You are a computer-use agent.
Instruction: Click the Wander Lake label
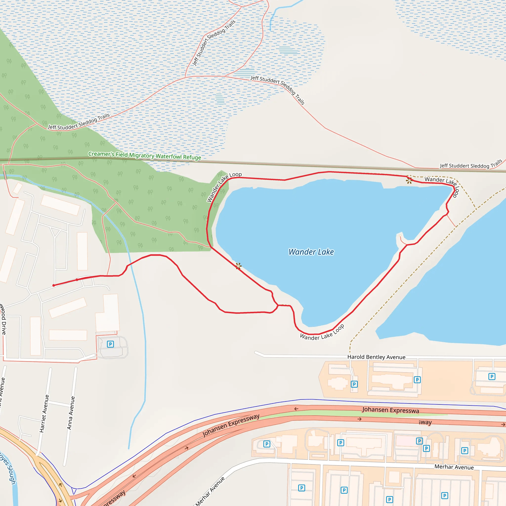[x=311, y=252]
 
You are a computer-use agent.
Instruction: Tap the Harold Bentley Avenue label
[x=376, y=357]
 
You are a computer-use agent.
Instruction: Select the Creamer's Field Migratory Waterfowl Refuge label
[x=145, y=156]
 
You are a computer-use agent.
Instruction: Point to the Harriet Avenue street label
[x=44, y=414]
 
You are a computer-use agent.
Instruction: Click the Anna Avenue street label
[x=71, y=413]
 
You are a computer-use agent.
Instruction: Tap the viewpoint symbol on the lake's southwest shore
[x=238, y=266]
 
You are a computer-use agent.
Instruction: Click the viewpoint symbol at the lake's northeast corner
[x=409, y=180]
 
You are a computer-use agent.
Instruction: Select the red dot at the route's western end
[x=54, y=285]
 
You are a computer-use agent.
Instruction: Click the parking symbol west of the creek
[x=110, y=344]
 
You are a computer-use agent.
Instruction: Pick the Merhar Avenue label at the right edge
[x=454, y=467]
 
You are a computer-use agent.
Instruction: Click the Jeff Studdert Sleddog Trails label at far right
[x=471, y=165]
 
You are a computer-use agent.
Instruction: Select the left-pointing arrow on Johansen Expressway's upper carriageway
[x=296, y=409]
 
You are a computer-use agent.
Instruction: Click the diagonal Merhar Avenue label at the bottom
[x=210, y=491]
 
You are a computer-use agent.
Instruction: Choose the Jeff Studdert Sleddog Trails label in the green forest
[x=79, y=122]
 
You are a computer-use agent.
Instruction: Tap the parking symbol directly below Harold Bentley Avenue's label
[x=354, y=384]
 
